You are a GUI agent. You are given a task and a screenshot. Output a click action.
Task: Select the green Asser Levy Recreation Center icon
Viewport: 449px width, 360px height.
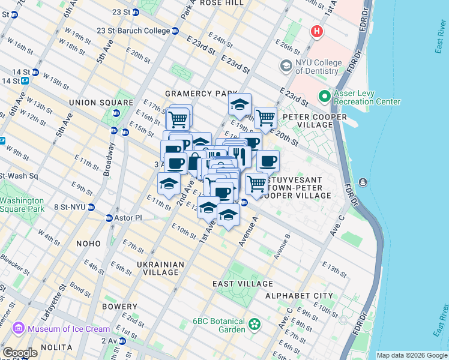(325, 96)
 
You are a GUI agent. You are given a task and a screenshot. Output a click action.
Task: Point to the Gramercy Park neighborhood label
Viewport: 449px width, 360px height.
(197, 94)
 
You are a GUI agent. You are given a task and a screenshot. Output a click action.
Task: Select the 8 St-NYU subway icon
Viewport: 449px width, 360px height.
(91, 207)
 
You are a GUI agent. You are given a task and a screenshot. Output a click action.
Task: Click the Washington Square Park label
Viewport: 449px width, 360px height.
(22, 205)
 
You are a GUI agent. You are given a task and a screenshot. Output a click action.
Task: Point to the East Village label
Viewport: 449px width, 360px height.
(243, 283)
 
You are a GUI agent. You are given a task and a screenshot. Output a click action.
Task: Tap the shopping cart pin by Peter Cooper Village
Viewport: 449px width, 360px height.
(265, 118)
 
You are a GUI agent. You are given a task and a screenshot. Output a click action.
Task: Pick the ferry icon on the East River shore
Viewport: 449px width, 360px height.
(363, 182)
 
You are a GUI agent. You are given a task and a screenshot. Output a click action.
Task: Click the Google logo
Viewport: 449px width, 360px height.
(20, 353)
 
